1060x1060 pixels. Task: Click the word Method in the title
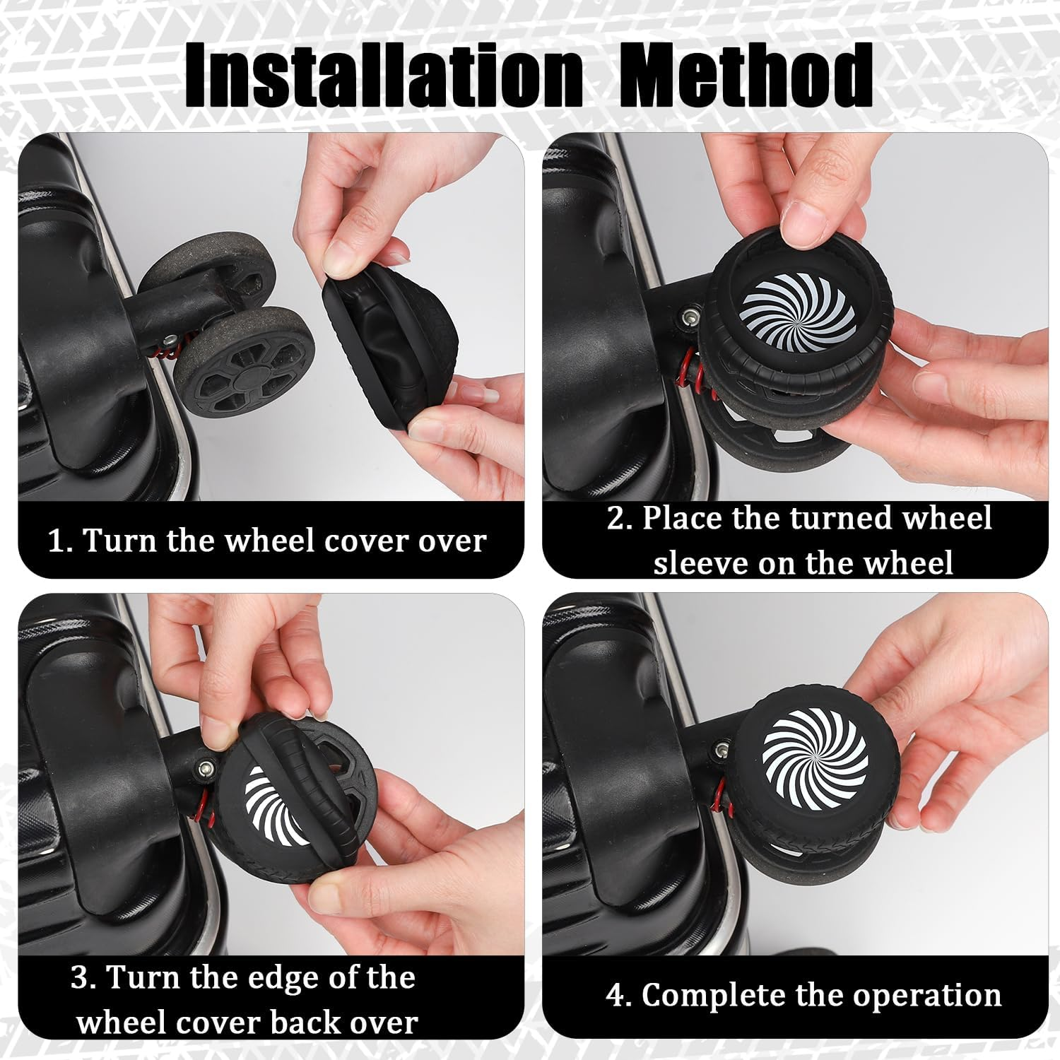tap(746, 75)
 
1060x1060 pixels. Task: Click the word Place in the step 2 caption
tap(681, 518)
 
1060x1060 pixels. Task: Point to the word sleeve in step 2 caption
tap(699, 563)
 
